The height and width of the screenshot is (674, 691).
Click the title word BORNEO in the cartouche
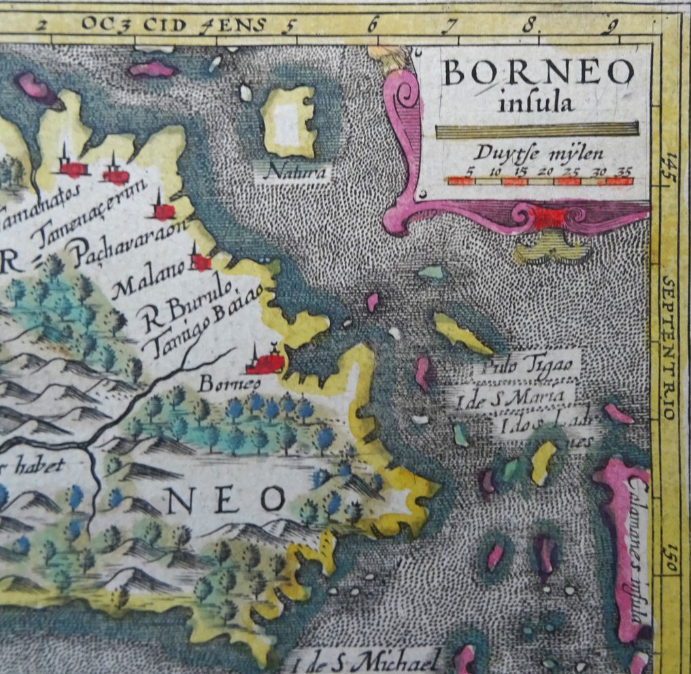pos(537,73)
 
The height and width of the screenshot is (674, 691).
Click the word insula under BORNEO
pos(536,104)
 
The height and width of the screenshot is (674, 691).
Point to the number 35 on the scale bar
pos(622,172)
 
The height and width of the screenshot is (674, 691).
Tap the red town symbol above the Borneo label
pos(265,362)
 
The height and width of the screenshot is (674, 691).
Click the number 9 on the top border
pos(613,27)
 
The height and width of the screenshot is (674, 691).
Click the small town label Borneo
pos(220,384)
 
